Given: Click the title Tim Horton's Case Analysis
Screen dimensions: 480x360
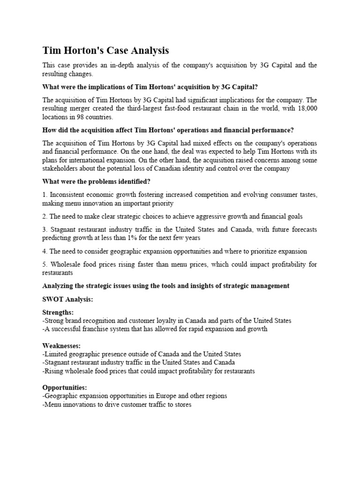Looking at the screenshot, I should click(105, 50).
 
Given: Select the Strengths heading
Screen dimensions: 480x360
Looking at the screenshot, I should click(59, 312).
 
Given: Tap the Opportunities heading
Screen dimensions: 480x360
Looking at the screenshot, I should click(64, 387).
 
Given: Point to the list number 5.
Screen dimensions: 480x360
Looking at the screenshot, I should click(45, 264).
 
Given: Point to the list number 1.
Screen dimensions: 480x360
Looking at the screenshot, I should click(45, 195).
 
